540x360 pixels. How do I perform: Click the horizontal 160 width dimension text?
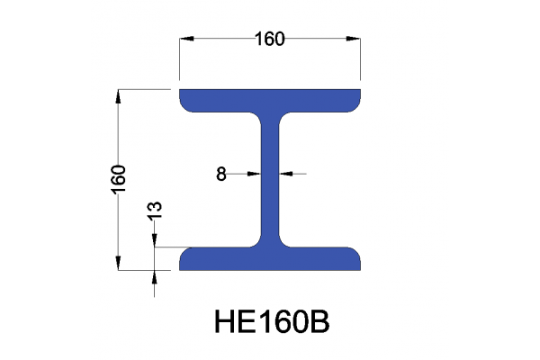coord(269,39)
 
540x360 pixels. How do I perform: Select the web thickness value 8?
coord(221,175)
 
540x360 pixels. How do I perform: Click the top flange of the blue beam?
coord(271,100)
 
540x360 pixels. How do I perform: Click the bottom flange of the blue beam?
coord(271,258)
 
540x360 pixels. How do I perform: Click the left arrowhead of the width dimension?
coord(185,40)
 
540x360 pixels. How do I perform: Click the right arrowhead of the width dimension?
coord(356,40)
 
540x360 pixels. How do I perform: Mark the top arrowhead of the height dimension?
coord(118,94)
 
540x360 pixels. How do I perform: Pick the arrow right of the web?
coord(287,175)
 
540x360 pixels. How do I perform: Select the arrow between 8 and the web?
coord(254,175)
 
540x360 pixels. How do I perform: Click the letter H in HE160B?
coord(223,321)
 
